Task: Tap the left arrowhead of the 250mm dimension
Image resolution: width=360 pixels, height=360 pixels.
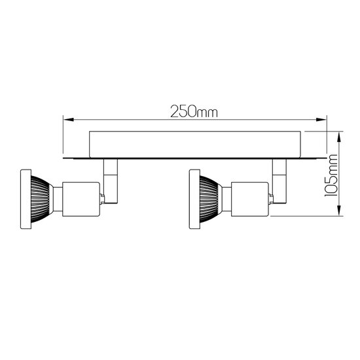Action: point(66,120)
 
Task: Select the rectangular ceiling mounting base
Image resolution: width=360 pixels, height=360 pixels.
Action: point(194,145)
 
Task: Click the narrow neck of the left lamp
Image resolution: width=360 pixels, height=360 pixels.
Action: point(57,198)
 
